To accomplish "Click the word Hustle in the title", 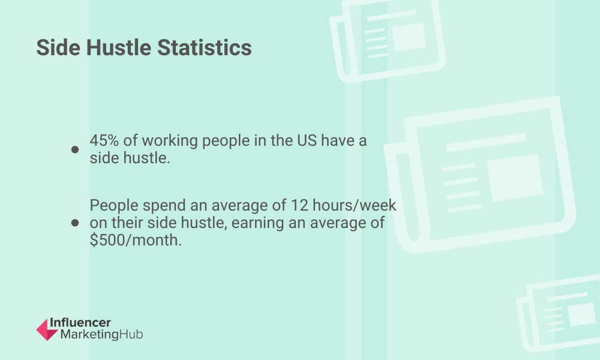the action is click(119, 47).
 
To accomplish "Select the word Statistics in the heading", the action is click(205, 47).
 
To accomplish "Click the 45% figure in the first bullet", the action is click(104, 140).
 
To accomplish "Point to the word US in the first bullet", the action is click(307, 140).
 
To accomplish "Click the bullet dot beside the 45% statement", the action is click(75, 149).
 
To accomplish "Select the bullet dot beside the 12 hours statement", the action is click(75, 223).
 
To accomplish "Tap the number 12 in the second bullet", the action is click(299, 205).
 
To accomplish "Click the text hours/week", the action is click(355, 205).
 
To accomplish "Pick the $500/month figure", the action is click(136, 240).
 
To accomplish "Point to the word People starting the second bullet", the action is click(114, 206).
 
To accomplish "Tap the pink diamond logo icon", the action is click(47, 329).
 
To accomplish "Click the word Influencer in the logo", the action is click(80, 323).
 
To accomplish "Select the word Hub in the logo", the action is click(131, 334).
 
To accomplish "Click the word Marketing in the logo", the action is click(89, 335).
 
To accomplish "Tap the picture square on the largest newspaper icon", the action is click(515, 178).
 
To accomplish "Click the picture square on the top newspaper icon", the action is click(409, 37).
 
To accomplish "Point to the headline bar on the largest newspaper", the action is click(487, 143).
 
